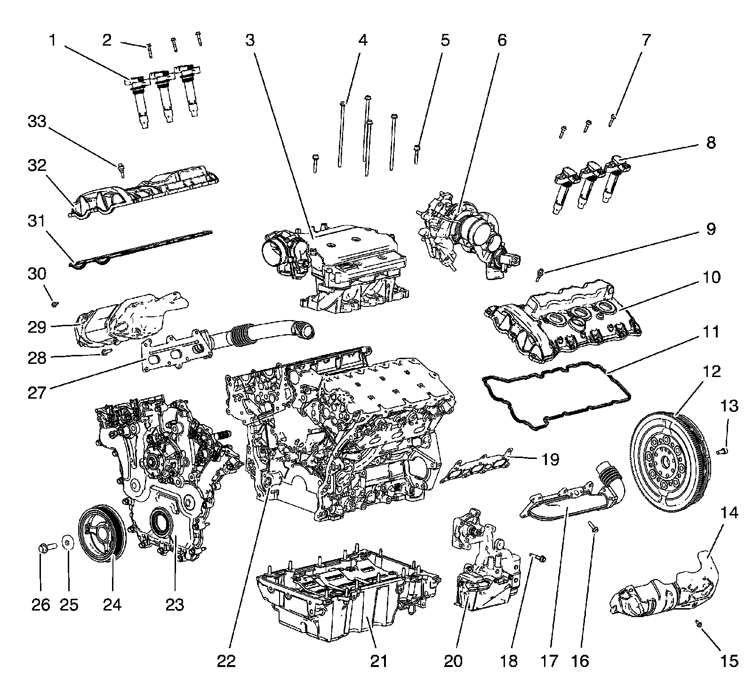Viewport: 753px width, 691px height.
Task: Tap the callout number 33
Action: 37,122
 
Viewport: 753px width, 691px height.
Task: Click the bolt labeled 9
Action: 540,272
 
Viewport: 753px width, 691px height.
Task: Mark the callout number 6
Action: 502,40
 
